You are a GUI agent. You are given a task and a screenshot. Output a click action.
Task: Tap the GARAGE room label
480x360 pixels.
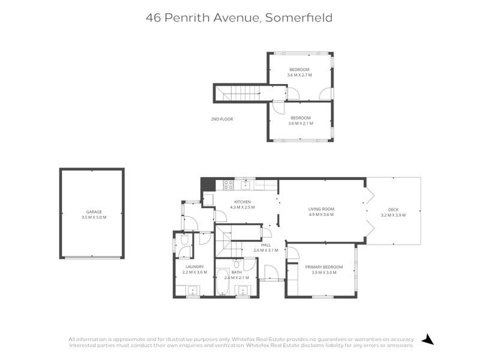click(93, 212)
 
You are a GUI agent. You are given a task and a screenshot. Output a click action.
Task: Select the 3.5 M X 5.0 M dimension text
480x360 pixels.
click(93, 217)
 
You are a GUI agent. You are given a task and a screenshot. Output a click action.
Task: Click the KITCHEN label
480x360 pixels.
click(242, 202)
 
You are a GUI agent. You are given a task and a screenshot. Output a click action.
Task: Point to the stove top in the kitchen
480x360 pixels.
click(229, 184)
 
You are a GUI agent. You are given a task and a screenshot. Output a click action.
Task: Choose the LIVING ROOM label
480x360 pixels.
click(321, 209)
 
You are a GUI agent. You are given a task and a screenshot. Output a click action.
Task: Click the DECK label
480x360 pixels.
click(393, 209)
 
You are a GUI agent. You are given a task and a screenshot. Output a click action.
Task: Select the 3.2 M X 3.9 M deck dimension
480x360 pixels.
click(393, 215)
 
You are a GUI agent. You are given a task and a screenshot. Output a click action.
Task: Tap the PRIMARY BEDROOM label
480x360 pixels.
click(323, 266)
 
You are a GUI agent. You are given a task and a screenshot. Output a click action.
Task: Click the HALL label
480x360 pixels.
click(266, 245)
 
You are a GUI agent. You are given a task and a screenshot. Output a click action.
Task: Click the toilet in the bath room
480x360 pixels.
click(237, 264)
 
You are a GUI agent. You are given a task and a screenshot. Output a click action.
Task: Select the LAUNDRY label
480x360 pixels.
click(194, 266)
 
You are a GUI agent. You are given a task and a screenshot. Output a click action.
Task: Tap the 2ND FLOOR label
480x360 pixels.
click(221, 119)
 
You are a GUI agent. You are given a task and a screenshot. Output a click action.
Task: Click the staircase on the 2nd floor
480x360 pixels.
click(240, 93)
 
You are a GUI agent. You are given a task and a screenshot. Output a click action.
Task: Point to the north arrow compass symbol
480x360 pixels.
click(427, 340)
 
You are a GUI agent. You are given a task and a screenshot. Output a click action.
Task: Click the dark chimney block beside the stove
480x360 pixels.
click(208, 184)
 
